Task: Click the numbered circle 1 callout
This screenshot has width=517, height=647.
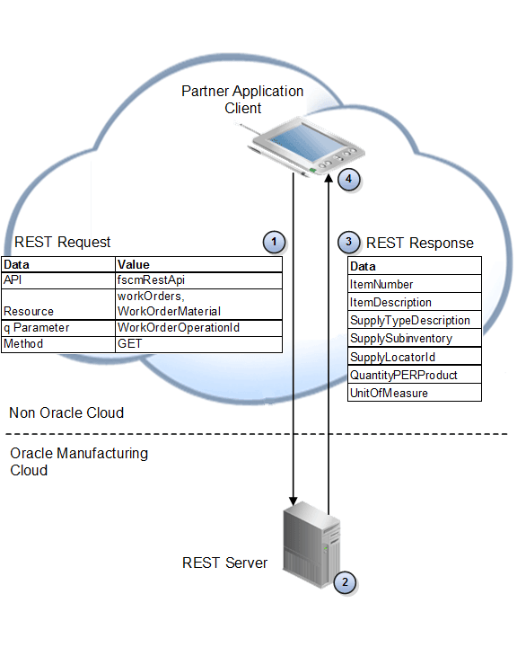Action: (x=275, y=242)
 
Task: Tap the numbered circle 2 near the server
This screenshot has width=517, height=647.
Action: (x=345, y=581)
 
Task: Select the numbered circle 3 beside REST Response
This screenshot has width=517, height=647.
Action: (x=349, y=242)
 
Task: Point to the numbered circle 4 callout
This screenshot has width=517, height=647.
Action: (x=349, y=179)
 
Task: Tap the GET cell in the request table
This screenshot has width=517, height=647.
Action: (x=129, y=343)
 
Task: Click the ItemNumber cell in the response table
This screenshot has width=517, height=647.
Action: (x=381, y=284)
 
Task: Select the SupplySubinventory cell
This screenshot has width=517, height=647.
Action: (x=400, y=338)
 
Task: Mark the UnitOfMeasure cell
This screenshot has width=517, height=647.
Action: (x=389, y=393)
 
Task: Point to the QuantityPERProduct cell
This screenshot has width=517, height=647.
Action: (x=403, y=375)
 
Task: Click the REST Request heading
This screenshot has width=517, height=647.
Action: (x=63, y=242)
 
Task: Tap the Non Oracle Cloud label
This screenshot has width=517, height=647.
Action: (x=66, y=412)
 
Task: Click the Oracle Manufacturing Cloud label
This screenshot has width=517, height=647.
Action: (x=79, y=462)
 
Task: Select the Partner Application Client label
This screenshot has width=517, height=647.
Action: (x=242, y=100)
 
